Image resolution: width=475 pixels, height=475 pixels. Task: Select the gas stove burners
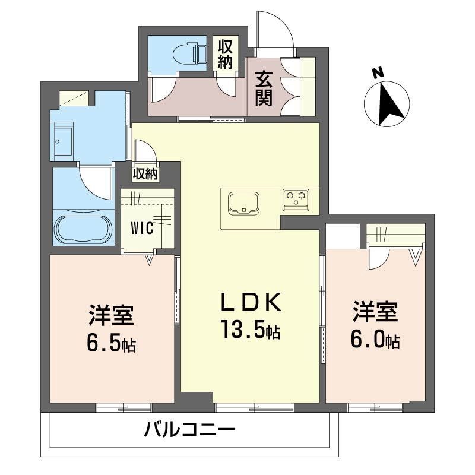295,198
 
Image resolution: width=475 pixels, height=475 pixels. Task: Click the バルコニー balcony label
190,429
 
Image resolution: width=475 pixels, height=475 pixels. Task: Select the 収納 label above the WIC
145,174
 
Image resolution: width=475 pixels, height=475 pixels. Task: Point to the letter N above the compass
376,74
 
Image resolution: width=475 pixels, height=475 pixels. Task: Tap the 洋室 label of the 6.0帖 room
375,312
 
